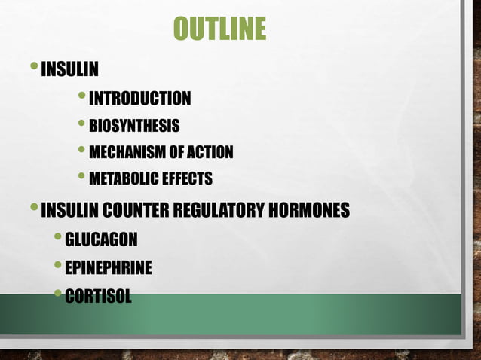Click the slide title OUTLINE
(219, 29)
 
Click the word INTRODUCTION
(139, 98)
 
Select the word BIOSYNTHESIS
(134, 125)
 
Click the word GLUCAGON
(102, 240)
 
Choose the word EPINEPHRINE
(109, 267)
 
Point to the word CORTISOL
(98, 295)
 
